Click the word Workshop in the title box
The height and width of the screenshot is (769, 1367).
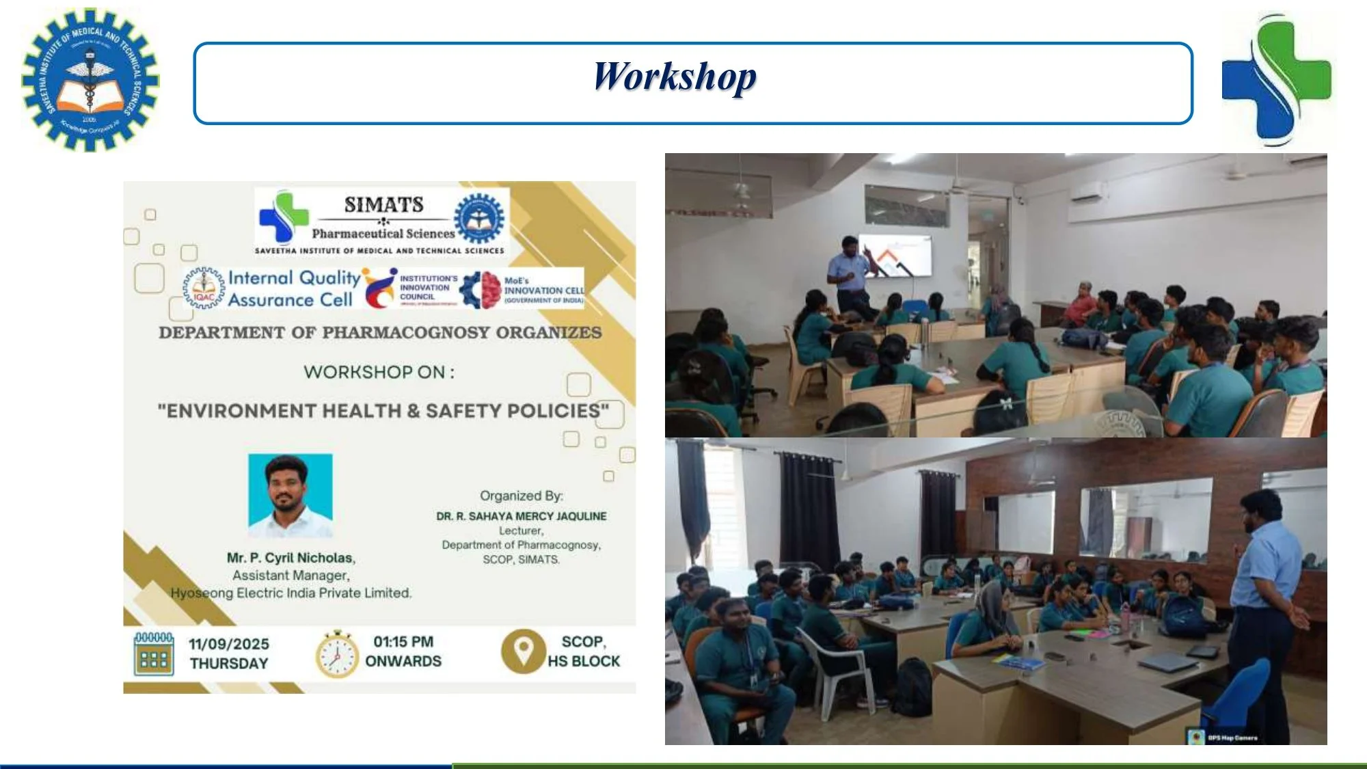tap(675, 77)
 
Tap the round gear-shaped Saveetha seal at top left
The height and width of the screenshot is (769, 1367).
tap(90, 80)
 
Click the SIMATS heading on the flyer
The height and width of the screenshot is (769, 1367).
tap(383, 204)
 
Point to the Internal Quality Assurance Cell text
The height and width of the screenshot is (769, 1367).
tap(293, 288)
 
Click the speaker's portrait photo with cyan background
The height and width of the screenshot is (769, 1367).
tap(290, 495)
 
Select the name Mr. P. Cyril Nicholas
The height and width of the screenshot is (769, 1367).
tap(291, 558)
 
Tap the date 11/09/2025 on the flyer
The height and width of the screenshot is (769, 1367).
tap(229, 644)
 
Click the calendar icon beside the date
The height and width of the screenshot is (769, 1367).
tap(154, 654)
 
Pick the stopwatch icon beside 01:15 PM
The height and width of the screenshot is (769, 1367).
tap(336, 655)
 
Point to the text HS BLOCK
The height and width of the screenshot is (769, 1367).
tap(583, 661)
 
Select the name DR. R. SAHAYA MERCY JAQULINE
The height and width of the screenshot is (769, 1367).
tap(521, 516)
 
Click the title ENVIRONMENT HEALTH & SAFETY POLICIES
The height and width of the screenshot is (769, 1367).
tap(383, 411)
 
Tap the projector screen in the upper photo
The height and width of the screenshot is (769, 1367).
tap(895, 255)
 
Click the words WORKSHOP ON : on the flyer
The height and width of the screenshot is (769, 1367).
tap(379, 373)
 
